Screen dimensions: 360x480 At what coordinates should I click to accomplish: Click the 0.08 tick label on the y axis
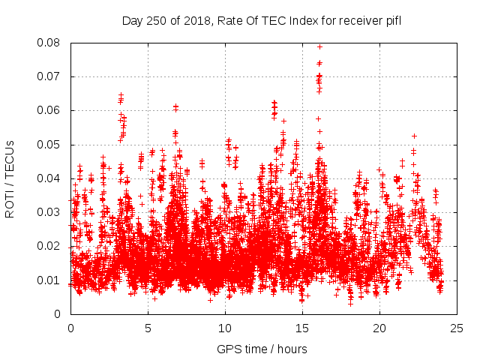pos(52,43)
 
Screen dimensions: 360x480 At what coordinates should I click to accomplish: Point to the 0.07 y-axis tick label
pos(52,76)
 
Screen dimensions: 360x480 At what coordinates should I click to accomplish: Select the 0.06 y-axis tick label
pos(52,110)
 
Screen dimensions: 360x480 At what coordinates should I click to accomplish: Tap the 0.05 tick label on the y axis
pos(52,145)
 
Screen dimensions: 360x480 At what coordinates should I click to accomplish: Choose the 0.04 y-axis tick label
pos(52,178)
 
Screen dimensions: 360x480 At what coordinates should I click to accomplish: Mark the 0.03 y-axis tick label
pos(52,212)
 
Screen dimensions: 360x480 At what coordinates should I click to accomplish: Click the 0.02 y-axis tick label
pos(52,246)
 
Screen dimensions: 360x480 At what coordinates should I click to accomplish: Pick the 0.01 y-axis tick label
pos(52,280)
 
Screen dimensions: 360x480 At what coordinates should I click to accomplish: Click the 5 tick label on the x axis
pos(148,328)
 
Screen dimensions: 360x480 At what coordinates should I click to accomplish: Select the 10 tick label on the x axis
pos(225,328)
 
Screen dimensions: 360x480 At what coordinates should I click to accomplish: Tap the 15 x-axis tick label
pos(302,328)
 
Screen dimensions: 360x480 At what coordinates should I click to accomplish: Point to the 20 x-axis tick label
pos(379,328)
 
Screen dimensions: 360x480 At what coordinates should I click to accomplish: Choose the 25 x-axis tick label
pos(457,328)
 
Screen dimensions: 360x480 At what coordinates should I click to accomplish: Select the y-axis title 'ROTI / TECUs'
pos(10,178)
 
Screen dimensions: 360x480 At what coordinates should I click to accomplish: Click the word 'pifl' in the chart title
pos(392,20)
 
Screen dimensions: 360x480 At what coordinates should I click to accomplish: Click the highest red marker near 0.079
pos(320,46)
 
